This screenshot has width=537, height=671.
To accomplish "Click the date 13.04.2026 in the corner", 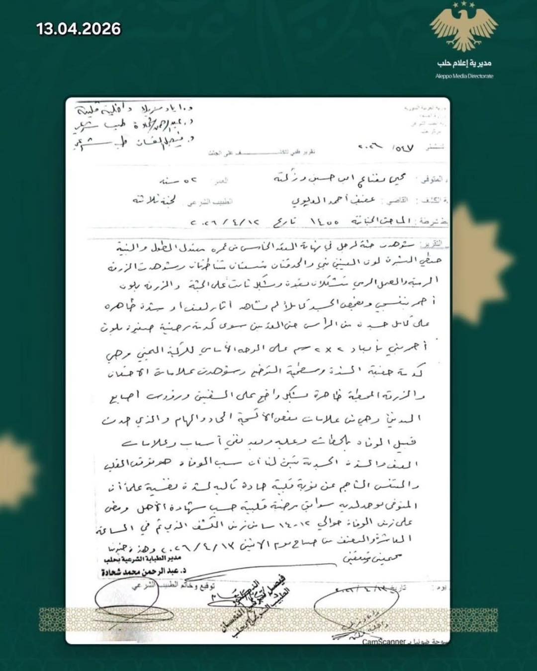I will coord(79,29).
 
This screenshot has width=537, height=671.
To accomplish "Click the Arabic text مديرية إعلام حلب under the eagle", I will coord(464,63).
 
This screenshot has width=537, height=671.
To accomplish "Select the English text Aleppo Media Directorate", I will coord(464,76).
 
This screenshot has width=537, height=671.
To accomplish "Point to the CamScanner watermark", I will coord(384,642).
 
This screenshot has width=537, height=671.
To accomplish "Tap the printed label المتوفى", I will coord(432,180).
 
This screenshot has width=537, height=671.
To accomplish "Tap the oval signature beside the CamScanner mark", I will coord(356,609).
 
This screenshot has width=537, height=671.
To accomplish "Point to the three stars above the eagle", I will coord(464,5).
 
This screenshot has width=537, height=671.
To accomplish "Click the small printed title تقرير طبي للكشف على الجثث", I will coord(262,153).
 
